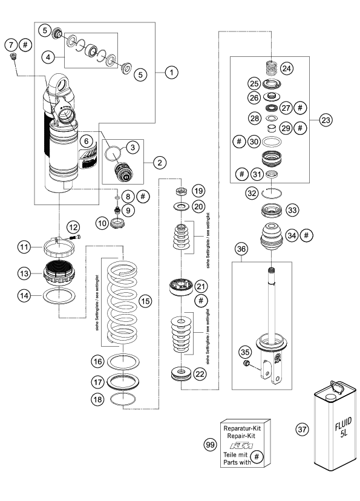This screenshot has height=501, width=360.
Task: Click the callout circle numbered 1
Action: (172, 72)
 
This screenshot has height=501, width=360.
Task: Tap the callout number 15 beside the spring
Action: (145, 301)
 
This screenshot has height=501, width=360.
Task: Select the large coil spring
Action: (122, 303)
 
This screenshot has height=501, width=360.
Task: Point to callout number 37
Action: (302, 429)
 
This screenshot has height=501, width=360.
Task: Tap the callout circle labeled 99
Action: (210, 445)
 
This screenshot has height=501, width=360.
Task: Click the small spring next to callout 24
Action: (271, 67)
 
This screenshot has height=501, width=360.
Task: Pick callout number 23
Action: (326, 120)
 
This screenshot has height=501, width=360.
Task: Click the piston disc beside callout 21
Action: (181, 286)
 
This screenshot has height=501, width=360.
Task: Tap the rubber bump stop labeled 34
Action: (271, 237)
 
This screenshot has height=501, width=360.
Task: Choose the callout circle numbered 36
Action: (241, 249)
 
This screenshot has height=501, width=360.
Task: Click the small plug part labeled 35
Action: (246, 363)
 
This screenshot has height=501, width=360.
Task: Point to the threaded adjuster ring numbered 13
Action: (59, 272)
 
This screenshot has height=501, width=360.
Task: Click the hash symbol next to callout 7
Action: (25, 45)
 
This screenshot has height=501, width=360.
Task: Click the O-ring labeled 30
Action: (272, 141)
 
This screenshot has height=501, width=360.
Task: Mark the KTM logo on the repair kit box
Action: (241, 446)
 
